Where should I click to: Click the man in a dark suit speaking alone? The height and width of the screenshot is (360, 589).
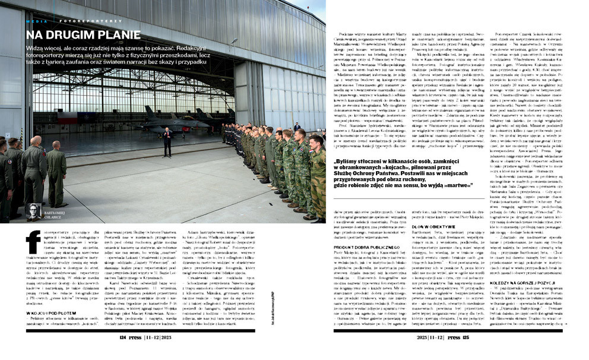point(167,141)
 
